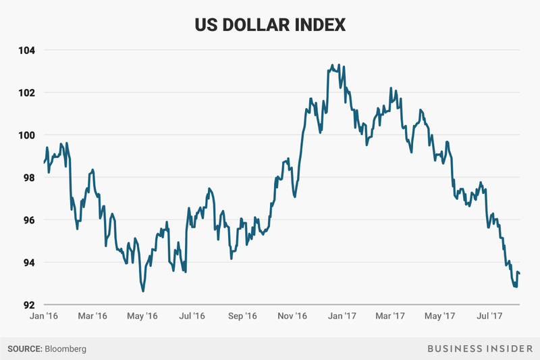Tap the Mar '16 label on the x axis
pyautogui.click(x=92, y=315)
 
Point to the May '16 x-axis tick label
pyautogui.click(x=142, y=315)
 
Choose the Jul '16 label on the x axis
pyautogui.click(x=192, y=315)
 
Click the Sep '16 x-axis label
pyautogui.click(x=242, y=315)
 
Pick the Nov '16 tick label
pyautogui.click(x=292, y=315)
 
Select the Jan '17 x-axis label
pyautogui.click(x=342, y=315)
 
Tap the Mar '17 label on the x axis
pyautogui.click(x=391, y=315)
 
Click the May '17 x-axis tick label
pyautogui.click(x=441, y=315)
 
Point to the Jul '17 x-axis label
pyautogui.click(x=490, y=315)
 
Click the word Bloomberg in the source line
pyautogui.click(x=65, y=349)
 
